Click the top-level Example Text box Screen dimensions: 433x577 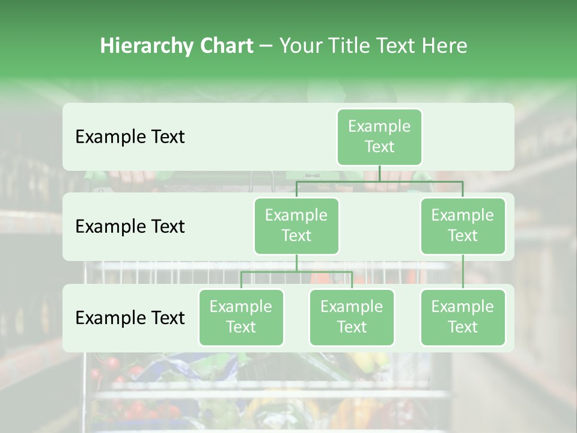coord(379,137)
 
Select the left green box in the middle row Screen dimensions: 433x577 coord(296,226)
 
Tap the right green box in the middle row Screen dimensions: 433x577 coord(463,226)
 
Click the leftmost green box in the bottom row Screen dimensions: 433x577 coord(241,318)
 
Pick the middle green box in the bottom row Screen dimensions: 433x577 coord(352,318)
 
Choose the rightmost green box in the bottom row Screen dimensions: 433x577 coord(463,318)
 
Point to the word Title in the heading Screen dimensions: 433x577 coord(349,46)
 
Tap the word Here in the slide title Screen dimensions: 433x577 coord(445,46)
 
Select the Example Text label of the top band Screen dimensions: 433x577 coord(130,137)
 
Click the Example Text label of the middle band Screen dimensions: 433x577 coord(130,227)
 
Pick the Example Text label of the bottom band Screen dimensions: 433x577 coord(130,318)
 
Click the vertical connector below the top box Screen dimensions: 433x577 coord(379,173)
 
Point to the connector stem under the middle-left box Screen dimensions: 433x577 coord(296,263)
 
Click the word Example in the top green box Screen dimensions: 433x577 coord(379,126)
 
